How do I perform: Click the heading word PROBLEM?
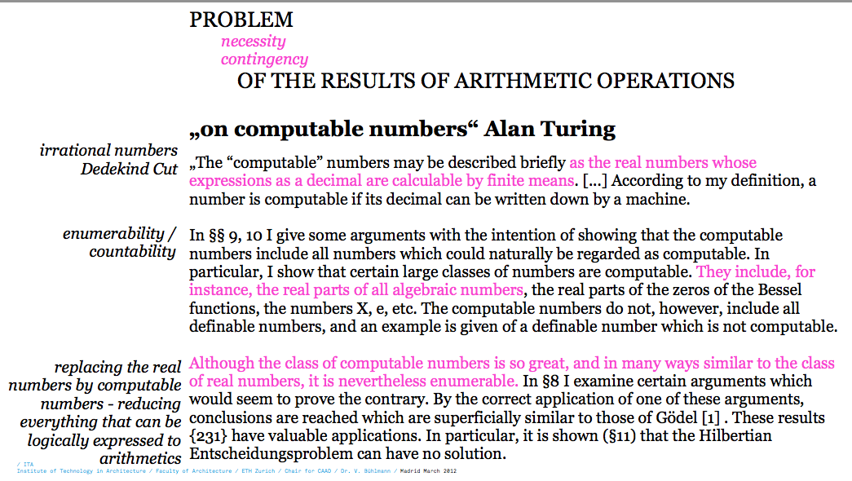point(241,20)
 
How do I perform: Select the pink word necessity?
point(253,42)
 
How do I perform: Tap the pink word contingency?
point(264,60)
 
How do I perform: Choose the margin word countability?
point(133,252)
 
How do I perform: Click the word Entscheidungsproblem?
point(269,454)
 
